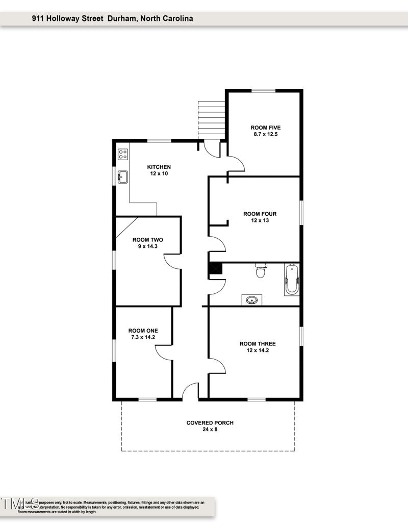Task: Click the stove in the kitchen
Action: [122, 154]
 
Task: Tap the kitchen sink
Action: [122, 177]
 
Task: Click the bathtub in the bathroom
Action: [292, 280]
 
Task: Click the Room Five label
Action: [265, 128]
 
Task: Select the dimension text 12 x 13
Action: [260, 221]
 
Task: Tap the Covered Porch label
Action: [210, 423]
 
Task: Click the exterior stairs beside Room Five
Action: [211, 120]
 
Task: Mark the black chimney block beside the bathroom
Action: [216, 269]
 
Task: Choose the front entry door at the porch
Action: [190, 391]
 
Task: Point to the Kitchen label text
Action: [159, 167]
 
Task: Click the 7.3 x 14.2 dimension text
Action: [143, 337]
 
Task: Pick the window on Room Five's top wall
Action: [264, 91]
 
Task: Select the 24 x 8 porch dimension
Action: [210, 430]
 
